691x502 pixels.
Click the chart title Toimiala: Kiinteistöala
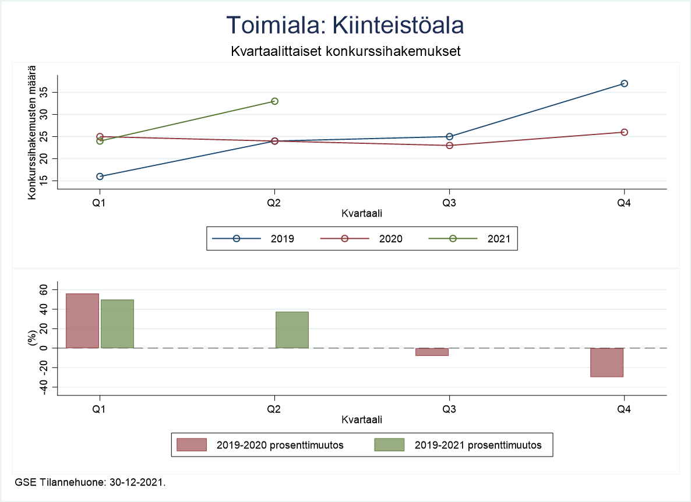click(345, 26)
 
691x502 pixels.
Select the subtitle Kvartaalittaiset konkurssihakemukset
click(345, 51)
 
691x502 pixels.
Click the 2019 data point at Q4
click(624, 83)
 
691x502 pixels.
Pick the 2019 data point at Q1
click(100, 176)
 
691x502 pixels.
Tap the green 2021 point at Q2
click(274, 101)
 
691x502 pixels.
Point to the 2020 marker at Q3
click(449, 145)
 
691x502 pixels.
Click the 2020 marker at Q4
click(624, 132)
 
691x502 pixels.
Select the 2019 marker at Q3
click(449, 136)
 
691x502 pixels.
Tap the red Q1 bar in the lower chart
click(82, 320)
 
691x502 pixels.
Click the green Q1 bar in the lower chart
click(117, 323)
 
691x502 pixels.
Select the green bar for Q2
click(292, 330)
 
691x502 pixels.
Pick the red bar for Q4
click(607, 362)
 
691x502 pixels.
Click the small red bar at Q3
click(432, 352)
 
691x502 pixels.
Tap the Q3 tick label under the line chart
click(449, 203)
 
